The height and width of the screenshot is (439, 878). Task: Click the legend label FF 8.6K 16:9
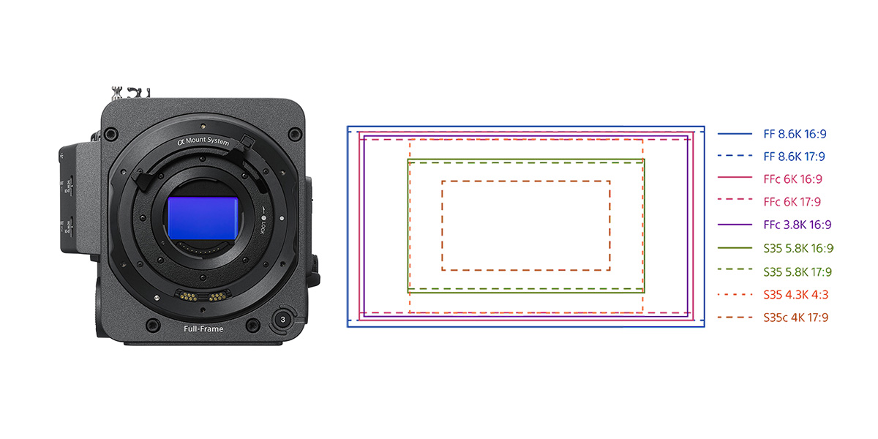(795, 134)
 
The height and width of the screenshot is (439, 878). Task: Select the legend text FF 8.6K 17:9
(794, 157)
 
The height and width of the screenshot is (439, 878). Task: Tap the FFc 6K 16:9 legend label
(792, 179)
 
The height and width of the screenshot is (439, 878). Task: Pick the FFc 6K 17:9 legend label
(792, 202)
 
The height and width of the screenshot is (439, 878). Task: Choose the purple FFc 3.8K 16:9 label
(798, 225)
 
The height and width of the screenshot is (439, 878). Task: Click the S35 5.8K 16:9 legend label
(798, 248)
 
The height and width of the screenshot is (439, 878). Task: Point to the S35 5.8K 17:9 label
(798, 271)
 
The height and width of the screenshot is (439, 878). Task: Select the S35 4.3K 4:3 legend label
(796, 294)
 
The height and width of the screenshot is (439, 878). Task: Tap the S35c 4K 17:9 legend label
(796, 317)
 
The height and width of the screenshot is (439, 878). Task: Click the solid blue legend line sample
(735, 134)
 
